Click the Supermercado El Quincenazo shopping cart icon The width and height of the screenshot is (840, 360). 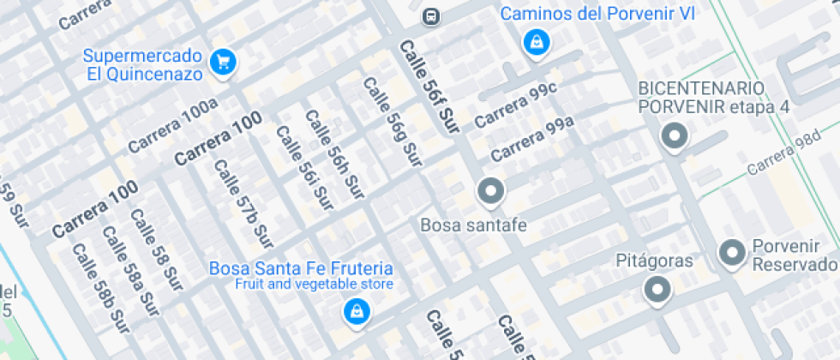click(x=224, y=61)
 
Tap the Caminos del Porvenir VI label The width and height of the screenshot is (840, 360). click(x=597, y=13)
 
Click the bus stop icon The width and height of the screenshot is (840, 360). click(x=431, y=16)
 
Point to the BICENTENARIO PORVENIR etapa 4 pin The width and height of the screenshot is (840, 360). click(x=674, y=136)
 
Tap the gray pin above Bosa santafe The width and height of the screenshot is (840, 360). click(x=491, y=191)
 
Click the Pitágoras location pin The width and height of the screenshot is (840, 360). click(x=657, y=290)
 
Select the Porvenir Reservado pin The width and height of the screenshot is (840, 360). click(x=732, y=253)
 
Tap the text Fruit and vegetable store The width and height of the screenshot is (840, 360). click(x=315, y=284)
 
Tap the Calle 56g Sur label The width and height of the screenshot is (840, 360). click(x=393, y=122)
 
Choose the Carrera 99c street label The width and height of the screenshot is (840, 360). click(x=515, y=106)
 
